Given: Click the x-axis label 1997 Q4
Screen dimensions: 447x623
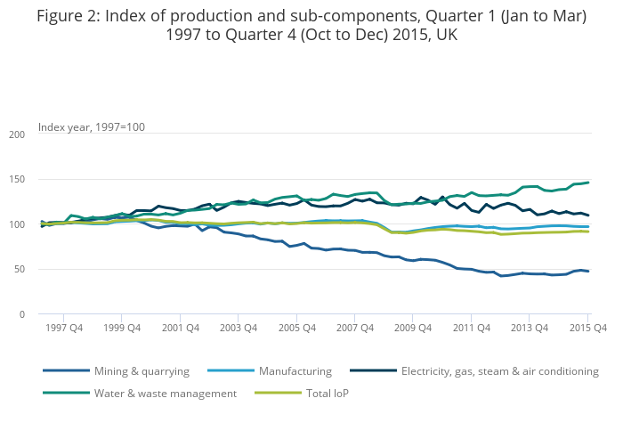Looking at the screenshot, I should [63, 328].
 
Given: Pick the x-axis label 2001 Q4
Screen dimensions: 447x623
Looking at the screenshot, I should [180, 328].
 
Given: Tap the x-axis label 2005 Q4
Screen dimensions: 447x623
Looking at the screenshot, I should [296, 328].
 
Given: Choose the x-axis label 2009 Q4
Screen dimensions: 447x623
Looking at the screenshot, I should [413, 328].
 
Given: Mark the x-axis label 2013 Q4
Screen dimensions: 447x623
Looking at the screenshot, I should [530, 328].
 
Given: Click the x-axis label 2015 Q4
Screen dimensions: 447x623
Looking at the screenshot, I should [587, 328].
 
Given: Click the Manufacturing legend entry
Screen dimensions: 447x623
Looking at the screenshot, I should [294, 371].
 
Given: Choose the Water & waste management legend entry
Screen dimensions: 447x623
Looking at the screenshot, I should [165, 393].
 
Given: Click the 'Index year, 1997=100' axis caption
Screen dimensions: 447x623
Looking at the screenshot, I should [91, 126].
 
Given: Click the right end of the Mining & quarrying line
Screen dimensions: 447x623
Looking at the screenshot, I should [588, 272].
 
